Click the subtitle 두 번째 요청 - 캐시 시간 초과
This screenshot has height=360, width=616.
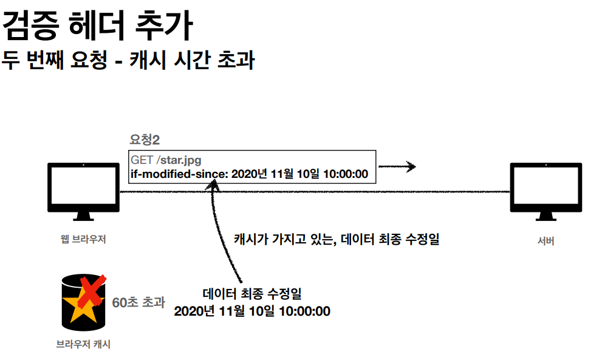tap(127, 60)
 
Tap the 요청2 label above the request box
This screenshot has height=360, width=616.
tap(145, 140)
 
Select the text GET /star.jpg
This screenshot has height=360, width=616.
tap(166, 160)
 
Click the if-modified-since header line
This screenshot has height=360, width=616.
tap(249, 174)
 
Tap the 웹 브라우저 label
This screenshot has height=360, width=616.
tap(83, 239)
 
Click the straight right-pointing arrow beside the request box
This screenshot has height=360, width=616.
tap(397, 166)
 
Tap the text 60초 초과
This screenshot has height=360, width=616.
tap(138, 302)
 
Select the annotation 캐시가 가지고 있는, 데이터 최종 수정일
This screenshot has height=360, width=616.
tap(336, 239)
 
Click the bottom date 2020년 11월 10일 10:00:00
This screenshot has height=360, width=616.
tap(252, 311)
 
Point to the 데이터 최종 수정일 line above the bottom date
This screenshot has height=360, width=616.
tap(252, 294)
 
